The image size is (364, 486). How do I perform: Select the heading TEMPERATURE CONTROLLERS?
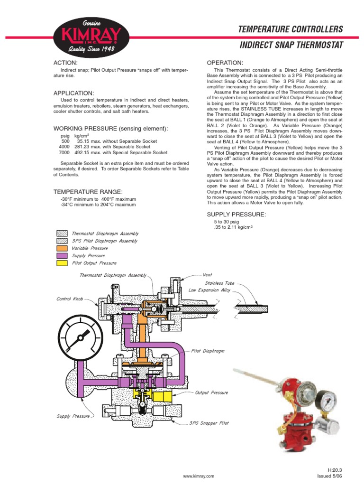tap(290, 29)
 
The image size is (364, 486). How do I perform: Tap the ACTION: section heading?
tap(65, 63)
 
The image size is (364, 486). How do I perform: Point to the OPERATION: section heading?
tap(225, 63)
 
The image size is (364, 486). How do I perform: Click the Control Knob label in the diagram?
tap(70, 299)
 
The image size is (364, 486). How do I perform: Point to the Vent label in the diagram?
tap(207, 275)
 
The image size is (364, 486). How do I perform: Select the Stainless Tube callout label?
tap(219, 283)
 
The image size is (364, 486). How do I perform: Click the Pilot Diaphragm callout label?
tap(208, 351)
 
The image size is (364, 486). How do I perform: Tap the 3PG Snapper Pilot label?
tap(209, 423)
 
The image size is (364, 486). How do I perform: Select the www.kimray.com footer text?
tap(199, 476)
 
